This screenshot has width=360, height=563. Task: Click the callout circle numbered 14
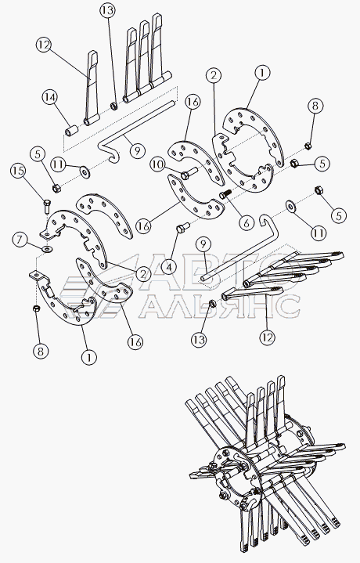pyautogui.click(x=50, y=98)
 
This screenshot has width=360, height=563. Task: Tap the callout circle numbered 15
pyautogui.click(x=18, y=171)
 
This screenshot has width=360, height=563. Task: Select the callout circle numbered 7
pyautogui.click(x=20, y=240)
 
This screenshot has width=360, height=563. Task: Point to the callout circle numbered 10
pyautogui.click(x=157, y=165)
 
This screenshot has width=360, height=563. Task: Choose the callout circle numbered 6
pyautogui.click(x=246, y=223)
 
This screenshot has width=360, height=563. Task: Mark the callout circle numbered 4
pyautogui.click(x=169, y=266)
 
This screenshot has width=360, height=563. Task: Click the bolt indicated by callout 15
pyautogui.click(x=48, y=207)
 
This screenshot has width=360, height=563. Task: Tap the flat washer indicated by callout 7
pyautogui.click(x=47, y=248)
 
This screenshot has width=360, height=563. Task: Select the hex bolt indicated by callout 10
pyautogui.click(x=188, y=174)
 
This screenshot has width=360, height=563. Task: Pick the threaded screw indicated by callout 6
pyautogui.click(x=225, y=194)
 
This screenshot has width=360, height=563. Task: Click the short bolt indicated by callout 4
pyautogui.click(x=183, y=228)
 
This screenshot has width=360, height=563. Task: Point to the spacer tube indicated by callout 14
pyautogui.click(x=70, y=130)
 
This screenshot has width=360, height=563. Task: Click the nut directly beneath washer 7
pyautogui.click(x=36, y=309)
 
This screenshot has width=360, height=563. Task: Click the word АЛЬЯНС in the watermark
pyautogui.click(x=219, y=306)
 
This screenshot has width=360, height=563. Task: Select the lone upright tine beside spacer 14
pyautogui.click(x=92, y=88)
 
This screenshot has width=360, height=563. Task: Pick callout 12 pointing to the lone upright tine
pyautogui.click(x=44, y=45)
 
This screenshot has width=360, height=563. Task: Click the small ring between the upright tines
pyautogui.click(x=114, y=106)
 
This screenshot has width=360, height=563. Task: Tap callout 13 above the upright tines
pyautogui.click(x=107, y=11)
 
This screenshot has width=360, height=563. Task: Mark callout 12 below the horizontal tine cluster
pyautogui.click(x=267, y=337)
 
